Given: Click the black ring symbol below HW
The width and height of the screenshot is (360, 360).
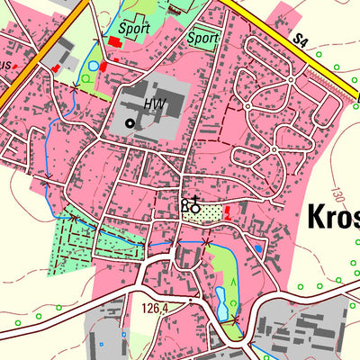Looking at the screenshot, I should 130,122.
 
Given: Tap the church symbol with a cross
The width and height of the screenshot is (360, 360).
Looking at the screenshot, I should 192,206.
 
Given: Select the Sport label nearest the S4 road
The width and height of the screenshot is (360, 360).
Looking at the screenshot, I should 203,39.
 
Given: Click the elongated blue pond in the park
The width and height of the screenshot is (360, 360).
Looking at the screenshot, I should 221,303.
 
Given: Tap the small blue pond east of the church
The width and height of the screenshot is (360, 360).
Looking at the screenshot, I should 259,247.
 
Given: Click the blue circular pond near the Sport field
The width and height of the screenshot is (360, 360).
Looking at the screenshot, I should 93,66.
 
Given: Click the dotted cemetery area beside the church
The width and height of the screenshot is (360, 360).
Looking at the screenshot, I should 209,212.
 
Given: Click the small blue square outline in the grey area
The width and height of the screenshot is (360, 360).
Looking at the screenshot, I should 101,343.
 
